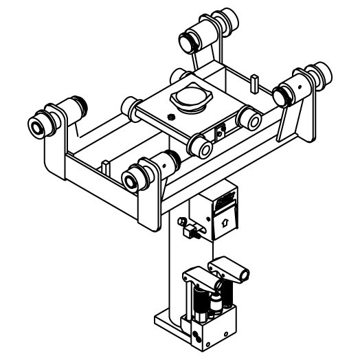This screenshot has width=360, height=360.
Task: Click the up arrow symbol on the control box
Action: tap(225, 222)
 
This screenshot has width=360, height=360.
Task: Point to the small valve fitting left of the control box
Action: tap(186, 227)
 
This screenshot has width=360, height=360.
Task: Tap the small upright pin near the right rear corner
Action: tap(255, 83)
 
